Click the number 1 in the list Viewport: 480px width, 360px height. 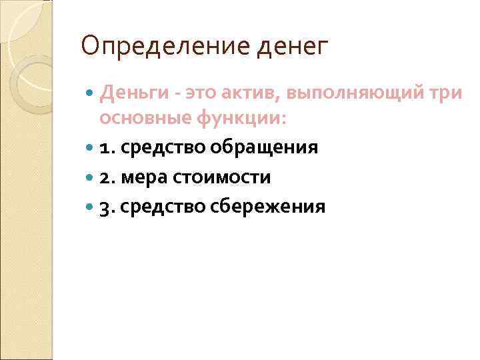pyautogui.click(x=105, y=147)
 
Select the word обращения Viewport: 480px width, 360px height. pyautogui.click(x=267, y=147)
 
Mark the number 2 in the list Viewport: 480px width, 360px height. pyautogui.click(x=106, y=177)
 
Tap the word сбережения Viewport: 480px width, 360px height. pyautogui.click(x=268, y=207)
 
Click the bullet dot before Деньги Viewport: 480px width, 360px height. pyautogui.click(x=91, y=95)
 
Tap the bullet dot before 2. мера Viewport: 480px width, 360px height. pyautogui.click(x=91, y=177)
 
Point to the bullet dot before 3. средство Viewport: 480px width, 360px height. pyautogui.click(x=91, y=207)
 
